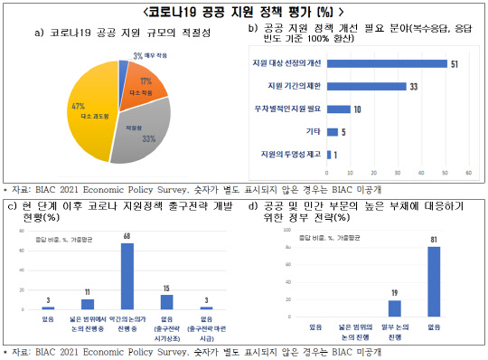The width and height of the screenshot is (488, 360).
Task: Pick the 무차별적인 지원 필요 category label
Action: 288,109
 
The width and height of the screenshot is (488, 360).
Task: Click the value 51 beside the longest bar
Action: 454,64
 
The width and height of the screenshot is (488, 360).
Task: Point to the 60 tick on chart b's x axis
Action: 468,171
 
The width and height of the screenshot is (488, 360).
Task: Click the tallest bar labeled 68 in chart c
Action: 127,275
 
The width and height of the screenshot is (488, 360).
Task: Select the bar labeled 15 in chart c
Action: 166,300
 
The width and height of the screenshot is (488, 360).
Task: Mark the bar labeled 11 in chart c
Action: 88,303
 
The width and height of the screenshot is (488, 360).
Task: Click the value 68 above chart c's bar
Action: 127,235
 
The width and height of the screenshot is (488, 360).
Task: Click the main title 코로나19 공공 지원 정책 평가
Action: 243,11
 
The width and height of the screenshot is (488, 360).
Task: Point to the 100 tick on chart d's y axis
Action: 286,230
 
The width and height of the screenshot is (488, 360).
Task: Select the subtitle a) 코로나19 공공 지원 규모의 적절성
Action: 116,34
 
